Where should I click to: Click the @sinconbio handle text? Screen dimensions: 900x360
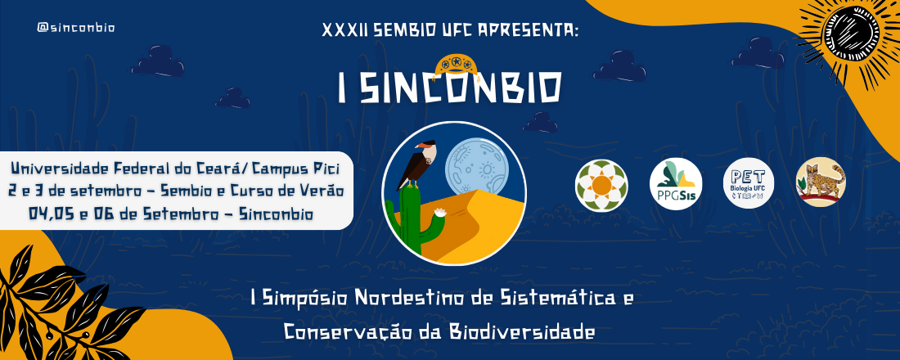(76, 28)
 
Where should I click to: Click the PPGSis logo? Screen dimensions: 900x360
(676, 184)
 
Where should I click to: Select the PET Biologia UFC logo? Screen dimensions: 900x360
(749, 184)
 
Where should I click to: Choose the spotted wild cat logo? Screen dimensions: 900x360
(821, 182)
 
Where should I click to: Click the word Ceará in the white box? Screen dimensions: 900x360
(219, 169)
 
